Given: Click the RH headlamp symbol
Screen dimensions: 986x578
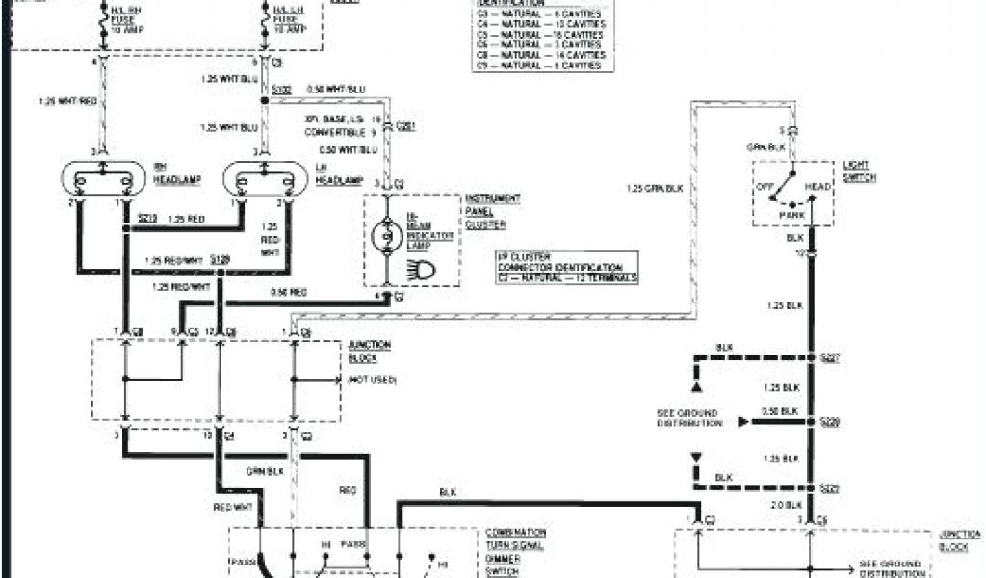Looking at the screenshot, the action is (102, 179).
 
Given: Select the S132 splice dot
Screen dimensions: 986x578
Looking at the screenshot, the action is (265, 100).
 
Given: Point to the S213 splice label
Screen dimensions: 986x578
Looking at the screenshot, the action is (147, 219).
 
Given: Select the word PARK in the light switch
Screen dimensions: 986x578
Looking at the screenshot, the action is (792, 214).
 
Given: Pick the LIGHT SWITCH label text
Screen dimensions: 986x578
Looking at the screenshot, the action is (856, 171).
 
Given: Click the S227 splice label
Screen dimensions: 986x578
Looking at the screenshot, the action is (829, 357).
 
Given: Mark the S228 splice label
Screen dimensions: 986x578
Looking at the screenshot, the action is (829, 422).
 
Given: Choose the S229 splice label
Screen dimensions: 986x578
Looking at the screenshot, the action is (829, 487).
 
